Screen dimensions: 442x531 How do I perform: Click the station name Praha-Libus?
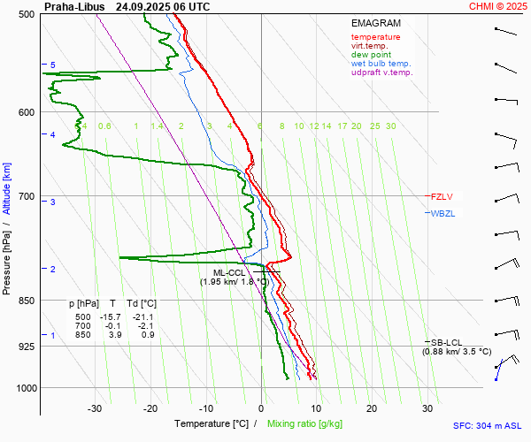74,6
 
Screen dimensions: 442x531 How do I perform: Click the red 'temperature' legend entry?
375,37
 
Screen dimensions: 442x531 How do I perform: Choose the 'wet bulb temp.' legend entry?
381,64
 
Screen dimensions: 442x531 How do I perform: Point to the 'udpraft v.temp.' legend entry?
382,72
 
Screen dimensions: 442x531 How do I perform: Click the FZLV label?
441,196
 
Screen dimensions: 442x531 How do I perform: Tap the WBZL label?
442,213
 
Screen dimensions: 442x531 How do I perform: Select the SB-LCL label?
446,342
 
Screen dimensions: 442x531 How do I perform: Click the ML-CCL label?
229,272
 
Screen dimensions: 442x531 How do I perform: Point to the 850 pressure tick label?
26,301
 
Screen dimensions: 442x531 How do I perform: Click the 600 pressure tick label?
26,112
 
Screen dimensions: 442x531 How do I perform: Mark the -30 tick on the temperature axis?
95,408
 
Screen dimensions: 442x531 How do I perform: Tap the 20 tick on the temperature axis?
372,408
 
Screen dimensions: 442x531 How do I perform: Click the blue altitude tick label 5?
53,65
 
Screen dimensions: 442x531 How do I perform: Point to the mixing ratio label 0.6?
104,126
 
